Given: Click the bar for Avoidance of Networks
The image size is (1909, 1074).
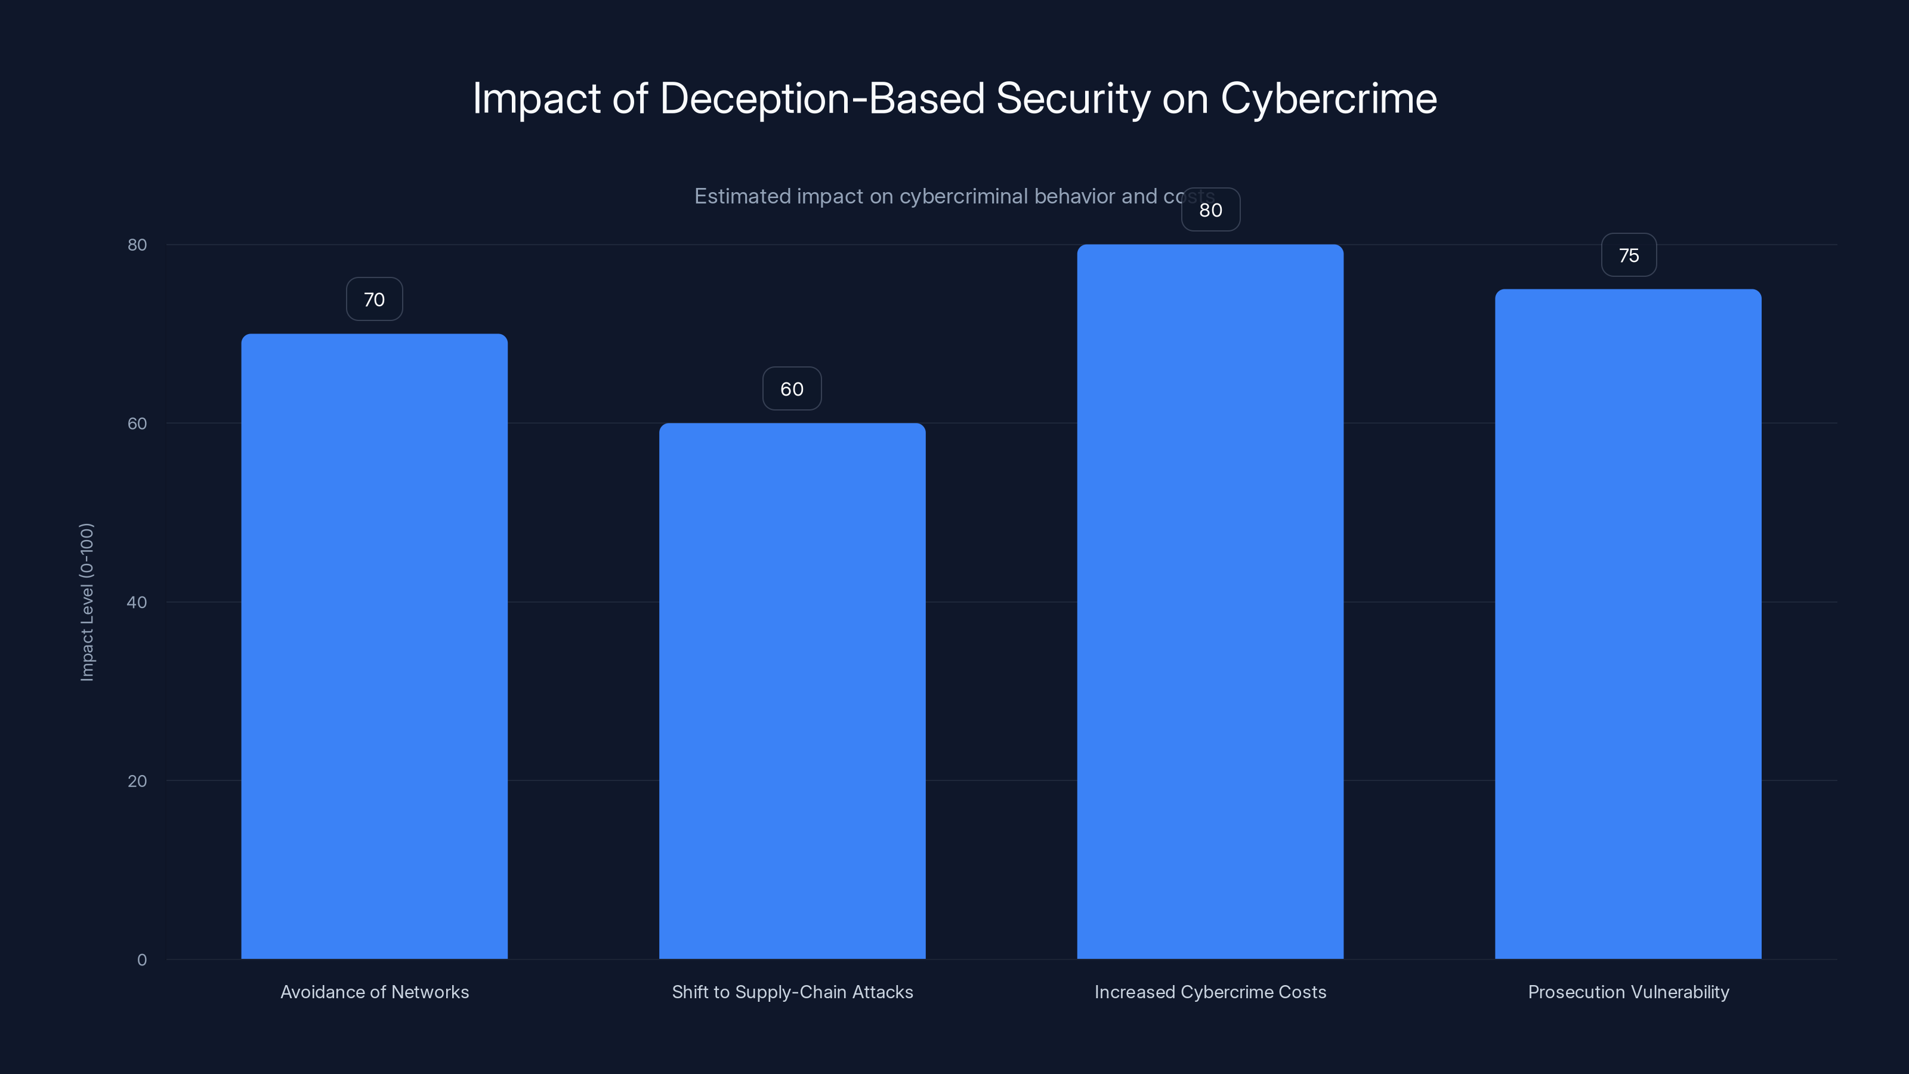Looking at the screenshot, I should pos(374,645).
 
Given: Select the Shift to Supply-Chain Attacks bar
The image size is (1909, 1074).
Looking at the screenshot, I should pos(792,689).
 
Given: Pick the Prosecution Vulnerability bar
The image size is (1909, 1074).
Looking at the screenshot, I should pos(1627,622).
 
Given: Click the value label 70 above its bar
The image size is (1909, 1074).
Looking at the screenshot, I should pos(374,300).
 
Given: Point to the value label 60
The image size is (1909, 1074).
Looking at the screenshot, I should pos(792,389).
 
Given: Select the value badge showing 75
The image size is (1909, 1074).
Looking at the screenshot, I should pos(1628,256).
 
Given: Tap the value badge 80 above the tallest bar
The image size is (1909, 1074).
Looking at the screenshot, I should pos(1210,211).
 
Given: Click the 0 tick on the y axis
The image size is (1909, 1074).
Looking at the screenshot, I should pos(141,960).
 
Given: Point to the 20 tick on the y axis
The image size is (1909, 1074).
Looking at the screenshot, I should pos(137,781).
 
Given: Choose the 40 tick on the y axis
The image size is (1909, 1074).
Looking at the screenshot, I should pos(137,603).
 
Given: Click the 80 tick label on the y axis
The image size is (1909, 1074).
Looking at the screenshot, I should pos(137,245).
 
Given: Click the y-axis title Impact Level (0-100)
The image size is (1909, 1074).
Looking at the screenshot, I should pos(87,602).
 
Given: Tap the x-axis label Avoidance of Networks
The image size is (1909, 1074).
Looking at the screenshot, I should pos(374,992).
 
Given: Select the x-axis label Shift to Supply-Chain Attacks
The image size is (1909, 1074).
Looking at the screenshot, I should pos(792,992).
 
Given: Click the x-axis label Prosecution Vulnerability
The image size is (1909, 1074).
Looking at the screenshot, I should pos(1628,992).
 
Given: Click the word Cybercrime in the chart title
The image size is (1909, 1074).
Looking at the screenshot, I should pos(1328,98).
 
